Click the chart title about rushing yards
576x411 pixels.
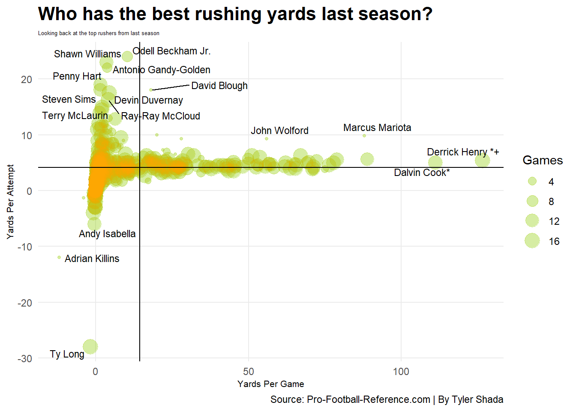tap(235, 14)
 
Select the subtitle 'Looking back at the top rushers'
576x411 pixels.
tap(99, 33)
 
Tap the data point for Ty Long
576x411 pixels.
tap(90, 346)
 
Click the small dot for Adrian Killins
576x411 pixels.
tap(59, 257)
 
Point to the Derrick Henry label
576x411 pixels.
tap(463, 152)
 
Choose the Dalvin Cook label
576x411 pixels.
tap(422, 173)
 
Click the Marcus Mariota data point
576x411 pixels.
tap(364, 136)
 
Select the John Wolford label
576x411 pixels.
tap(279, 131)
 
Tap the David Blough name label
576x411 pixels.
tap(219, 86)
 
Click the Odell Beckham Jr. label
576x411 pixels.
tap(171, 51)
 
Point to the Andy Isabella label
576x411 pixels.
tap(107, 234)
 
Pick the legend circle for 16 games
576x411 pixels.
tap(532, 241)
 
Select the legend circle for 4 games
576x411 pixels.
tap(532, 182)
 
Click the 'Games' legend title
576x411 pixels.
tap(543, 160)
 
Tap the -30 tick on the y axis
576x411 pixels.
tap(25, 358)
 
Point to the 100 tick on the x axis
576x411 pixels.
tap(401, 372)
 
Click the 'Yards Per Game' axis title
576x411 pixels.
tap(271, 384)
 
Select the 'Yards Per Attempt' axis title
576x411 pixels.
tap(10, 202)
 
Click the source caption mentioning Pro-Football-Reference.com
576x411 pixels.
tap(387, 399)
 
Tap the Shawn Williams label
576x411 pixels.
tap(87, 54)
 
